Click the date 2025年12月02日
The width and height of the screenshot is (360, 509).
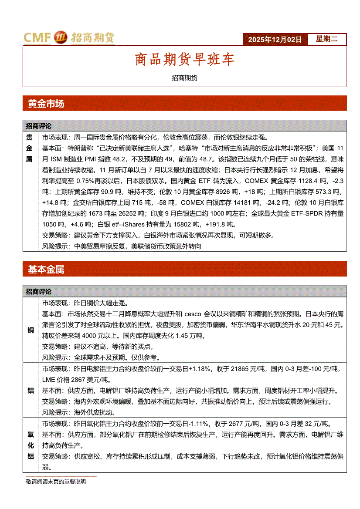pyautogui.click(x=275, y=40)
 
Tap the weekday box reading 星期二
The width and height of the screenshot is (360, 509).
pyautogui.click(x=326, y=39)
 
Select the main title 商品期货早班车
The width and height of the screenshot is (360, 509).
pyautogui.click(x=184, y=60)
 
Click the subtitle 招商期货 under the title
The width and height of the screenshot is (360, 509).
pyautogui.click(x=184, y=78)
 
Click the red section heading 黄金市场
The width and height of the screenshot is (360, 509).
pyautogui.click(x=46, y=104)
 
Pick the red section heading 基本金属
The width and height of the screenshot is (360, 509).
pyautogui.click(x=46, y=270)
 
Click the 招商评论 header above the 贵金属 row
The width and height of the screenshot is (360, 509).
pyautogui.click(x=39, y=126)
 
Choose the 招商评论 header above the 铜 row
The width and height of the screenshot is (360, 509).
pyautogui.click(x=39, y=292)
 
